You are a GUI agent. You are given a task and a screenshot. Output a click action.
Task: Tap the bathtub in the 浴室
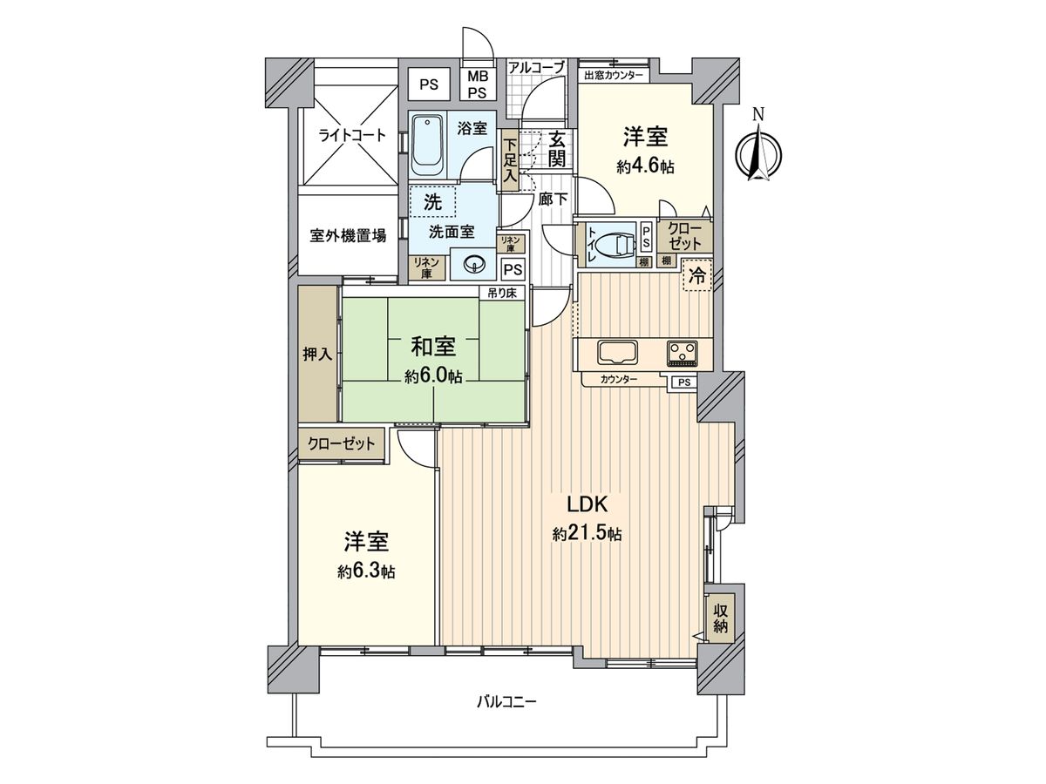[427, 141]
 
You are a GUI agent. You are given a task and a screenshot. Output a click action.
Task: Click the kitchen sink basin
[617, 353]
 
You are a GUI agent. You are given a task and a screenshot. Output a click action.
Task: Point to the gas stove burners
[683, 352]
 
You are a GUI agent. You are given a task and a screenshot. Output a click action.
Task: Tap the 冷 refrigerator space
[697, 276]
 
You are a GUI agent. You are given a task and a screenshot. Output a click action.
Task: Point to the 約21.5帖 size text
[586, 534]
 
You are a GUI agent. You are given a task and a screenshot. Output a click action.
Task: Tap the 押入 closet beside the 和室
[317, 355]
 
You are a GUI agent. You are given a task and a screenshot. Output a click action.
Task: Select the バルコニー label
[506, 700]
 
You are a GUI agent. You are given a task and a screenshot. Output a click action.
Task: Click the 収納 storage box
[720, 618]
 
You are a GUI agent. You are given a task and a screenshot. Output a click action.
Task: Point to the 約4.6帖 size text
[645, 166]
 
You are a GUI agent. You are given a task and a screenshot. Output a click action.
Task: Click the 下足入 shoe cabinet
[510, 160]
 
